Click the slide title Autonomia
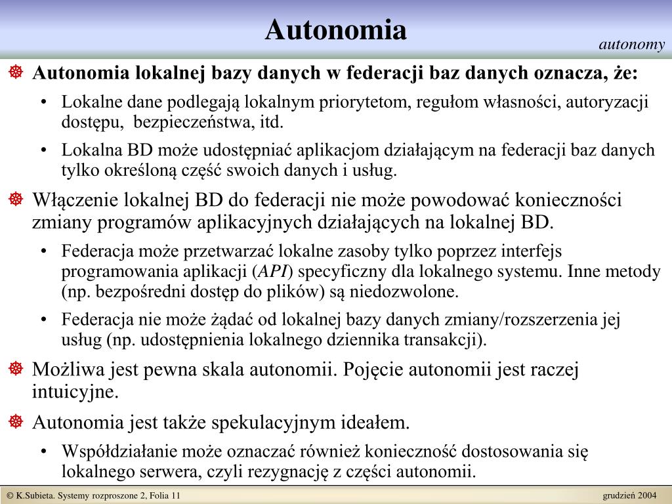point(336,30)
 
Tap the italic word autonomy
point(631,45)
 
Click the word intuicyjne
point(75,392)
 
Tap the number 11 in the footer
point(176,495)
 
